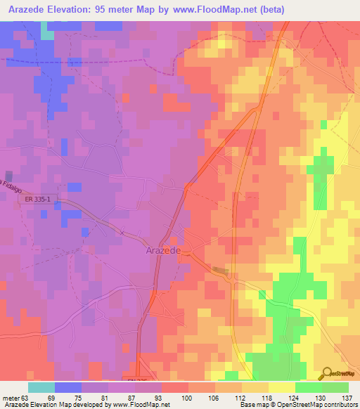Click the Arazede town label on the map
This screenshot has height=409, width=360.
point(164,250)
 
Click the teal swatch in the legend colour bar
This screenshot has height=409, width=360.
point(41,387)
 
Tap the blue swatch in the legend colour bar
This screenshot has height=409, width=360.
point(68,387)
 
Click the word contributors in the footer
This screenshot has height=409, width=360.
point(340,404)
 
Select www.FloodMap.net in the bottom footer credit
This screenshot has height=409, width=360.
point(140,404)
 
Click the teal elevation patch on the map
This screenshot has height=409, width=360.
point(47,32)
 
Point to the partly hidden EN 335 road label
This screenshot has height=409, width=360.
point(138,380)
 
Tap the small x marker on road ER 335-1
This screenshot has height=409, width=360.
point(122,232)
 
